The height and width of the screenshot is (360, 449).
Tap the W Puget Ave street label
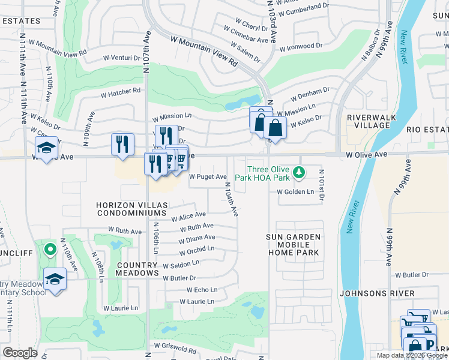(208, 177)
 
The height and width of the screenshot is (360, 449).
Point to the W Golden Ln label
(295, 192)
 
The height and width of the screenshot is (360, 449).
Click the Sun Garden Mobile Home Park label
(294, 245)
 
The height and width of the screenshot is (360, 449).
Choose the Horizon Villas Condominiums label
(130, 209)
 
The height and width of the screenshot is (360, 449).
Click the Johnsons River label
(376, 293)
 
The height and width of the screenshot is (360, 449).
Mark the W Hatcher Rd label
(120, 93)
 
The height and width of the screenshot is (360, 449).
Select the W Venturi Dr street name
(121, 58)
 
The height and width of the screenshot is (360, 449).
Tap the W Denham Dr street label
(310, 94)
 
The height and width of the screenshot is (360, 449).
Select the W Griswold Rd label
(175, 348)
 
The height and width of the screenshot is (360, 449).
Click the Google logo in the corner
(20, 353)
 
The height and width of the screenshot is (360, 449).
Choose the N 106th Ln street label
(155, 239)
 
